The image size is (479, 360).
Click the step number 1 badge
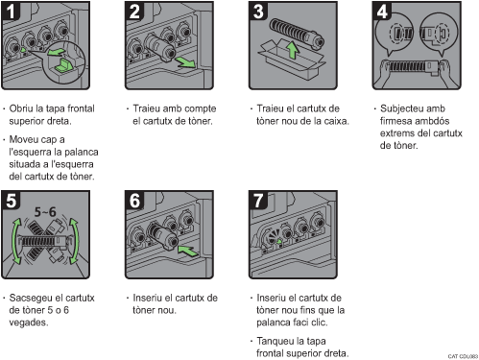[x=11, y=11]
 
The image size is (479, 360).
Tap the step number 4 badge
[x=382, y=11]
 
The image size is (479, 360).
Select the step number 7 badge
[x=258, y=201]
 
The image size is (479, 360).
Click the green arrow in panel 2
[x=185, y=62]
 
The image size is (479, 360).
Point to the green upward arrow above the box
[x=292, y=50]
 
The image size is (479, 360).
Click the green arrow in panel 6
[x=188, y=251]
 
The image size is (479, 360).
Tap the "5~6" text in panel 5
[x=45, y=212]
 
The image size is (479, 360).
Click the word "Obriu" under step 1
[x=21, y=108]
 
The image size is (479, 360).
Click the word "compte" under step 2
[x=201, y=109]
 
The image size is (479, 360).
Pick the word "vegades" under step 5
[x=28, y=323]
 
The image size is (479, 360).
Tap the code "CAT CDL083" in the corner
[x=463, y=356]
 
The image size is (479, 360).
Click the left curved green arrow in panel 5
[x=14, y=241]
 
